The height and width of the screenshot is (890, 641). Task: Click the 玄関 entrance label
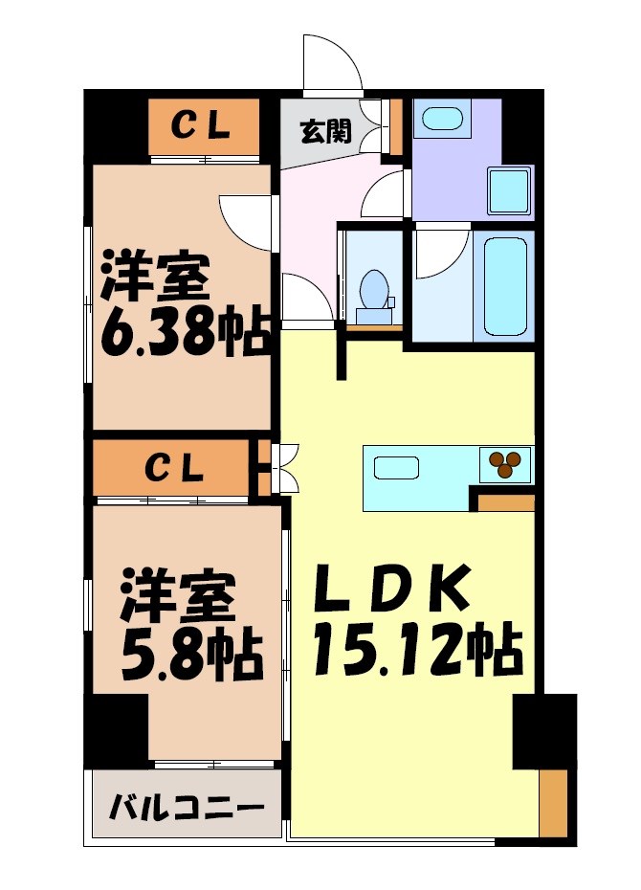pos(325,131)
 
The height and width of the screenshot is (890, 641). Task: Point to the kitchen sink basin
pos(396,468)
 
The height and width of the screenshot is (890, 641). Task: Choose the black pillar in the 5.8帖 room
pos(116,732)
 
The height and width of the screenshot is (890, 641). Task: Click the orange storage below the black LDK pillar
pos(553,804)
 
